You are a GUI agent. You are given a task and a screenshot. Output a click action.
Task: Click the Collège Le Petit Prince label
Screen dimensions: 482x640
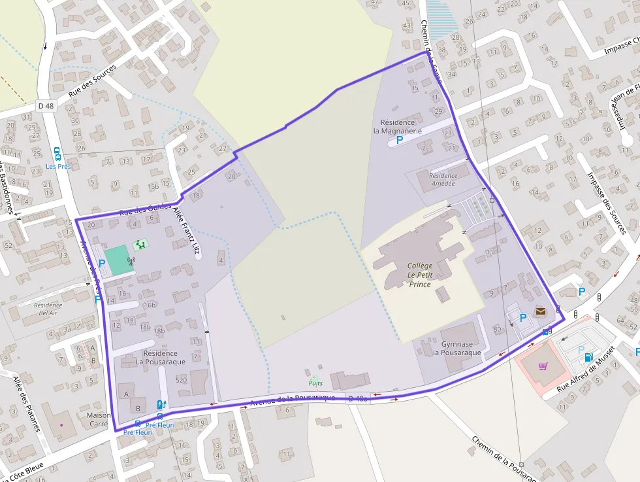pyautogui.click(x=420, y=275)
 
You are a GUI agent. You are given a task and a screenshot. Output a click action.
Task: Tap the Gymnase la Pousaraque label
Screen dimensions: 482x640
pyautogui.click(x=456, y=349)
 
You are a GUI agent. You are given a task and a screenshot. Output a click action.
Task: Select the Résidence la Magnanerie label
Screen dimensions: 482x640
pyautogui.click(x=398, y=126)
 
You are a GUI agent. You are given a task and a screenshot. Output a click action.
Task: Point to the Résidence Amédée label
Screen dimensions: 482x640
pyautogui.click(x=443, y=179)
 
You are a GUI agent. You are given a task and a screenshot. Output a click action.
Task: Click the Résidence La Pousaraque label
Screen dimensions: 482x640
pyautogui.click(x=161, y=357)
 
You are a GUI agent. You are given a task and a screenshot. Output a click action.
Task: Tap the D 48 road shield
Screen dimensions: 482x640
pyautogui.click(x=46, y=106)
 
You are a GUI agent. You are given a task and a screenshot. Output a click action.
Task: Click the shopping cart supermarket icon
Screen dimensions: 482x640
pyautogui.click(x=543, y=366)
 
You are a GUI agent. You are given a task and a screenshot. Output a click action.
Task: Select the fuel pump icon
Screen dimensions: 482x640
pyautogui.click(x=589, y=357)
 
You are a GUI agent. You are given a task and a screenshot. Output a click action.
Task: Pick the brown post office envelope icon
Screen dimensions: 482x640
pyautogui.click(x=540, y=311)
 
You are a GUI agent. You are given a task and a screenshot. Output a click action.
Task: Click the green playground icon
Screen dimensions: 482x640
pyautogui.click(x=140, y=245)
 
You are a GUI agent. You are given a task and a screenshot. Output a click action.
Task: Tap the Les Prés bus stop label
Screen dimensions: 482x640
pyautogui.click(x=58, y=166)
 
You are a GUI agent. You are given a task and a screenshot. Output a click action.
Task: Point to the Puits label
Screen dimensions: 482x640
pyautogui.click(x=315, y=383)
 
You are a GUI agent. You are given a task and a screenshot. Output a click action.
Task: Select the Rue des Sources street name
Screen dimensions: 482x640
pyautogui.click(x=92, y=81)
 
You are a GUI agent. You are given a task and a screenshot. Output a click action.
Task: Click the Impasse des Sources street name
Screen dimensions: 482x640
pyautogui.click(x=607, y=203)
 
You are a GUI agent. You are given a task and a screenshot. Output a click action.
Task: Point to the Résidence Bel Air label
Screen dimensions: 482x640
pyautogui.click(x=48, y=309)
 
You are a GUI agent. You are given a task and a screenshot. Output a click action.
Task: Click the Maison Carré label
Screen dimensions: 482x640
pyautogui.click(x=94, y=419)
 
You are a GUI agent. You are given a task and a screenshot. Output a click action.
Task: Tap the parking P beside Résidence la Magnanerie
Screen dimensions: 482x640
pyautogui.click(x=400, y=139)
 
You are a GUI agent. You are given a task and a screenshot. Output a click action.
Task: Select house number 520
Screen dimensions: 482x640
pyautogui.click(x=182, y=380)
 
